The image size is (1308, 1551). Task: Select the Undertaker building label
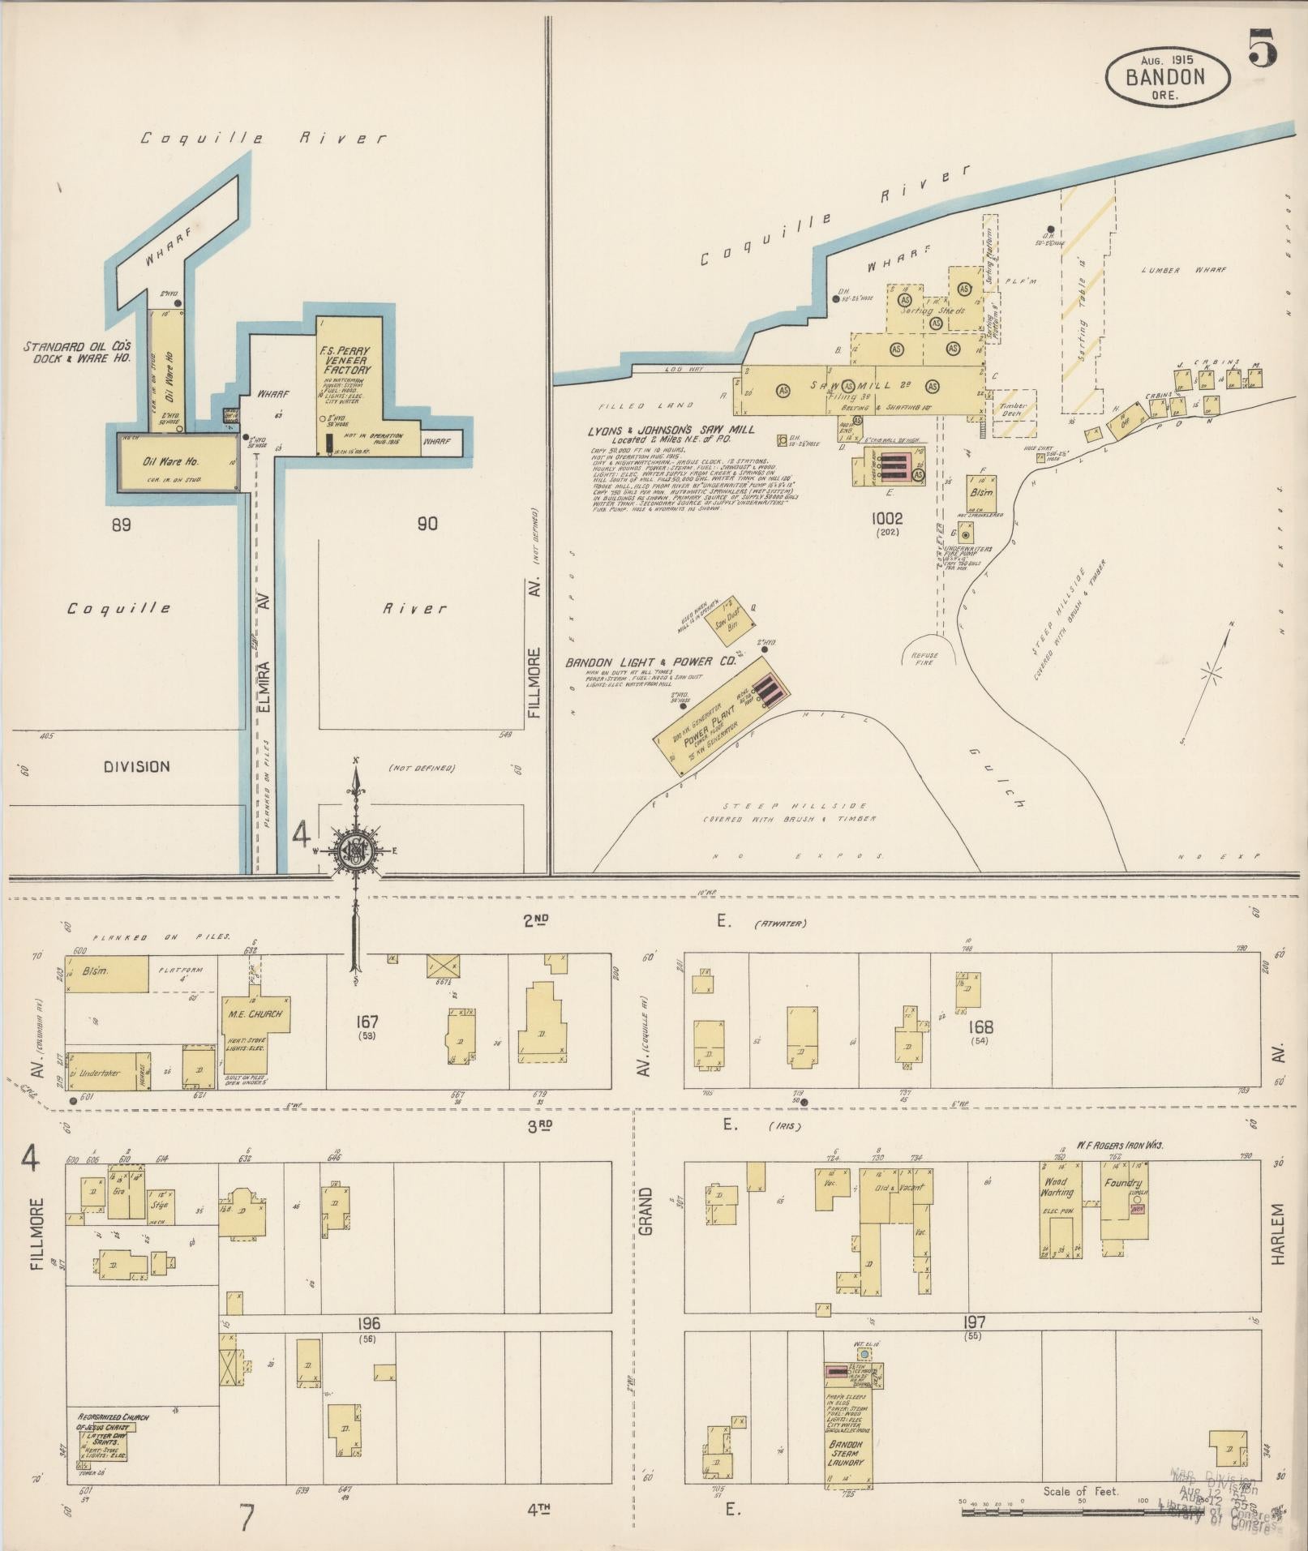[98, 1073]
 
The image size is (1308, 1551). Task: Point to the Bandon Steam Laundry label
[846, 1453]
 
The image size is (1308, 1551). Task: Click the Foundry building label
[1123, 1183]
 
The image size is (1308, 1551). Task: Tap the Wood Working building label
[1057, 1187]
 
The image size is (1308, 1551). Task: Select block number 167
[367, 1022]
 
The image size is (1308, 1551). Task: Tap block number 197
[974, 1322]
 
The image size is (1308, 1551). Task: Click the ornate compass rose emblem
[355, 850]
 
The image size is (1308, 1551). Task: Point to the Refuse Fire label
[924, 658]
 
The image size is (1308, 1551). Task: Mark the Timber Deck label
[1013, 410]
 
